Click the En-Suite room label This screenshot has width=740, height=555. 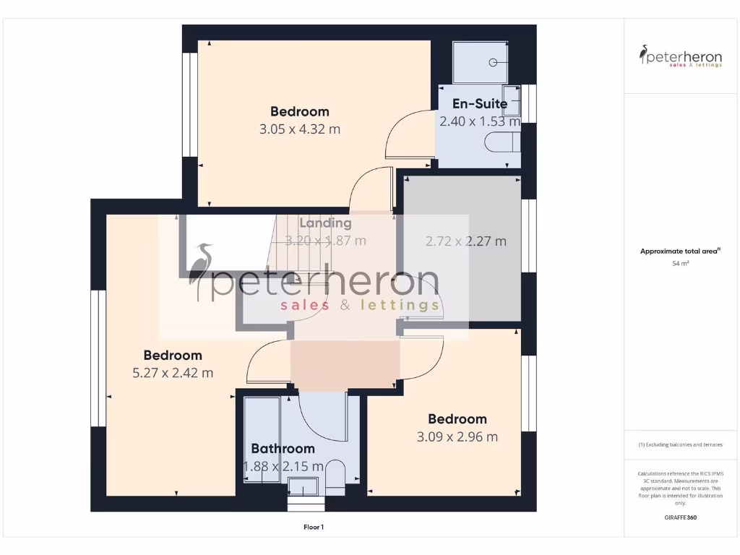[x=480, y=104]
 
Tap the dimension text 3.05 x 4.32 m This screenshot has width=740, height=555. [x=299, y=130]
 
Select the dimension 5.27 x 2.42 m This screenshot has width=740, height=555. [x=172, y=374]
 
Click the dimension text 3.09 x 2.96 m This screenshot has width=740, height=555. [x=457, y=437]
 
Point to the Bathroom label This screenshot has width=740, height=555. [x=283, y=449]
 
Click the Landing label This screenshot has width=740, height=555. [x=325, y=223]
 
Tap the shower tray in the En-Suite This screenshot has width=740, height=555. [x=481, y=62]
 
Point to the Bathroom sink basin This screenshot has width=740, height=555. [x=303, y=486]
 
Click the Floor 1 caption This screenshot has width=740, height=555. [x=313, y=528]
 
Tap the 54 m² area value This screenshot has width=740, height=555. [x=679, y=264]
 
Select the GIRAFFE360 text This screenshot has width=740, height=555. [x=679, y=517]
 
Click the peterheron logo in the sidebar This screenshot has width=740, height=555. [x=680, y=56]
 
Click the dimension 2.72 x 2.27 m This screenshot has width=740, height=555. [x=465, y=241]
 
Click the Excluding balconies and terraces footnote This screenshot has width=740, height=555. [x=679, y=444]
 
